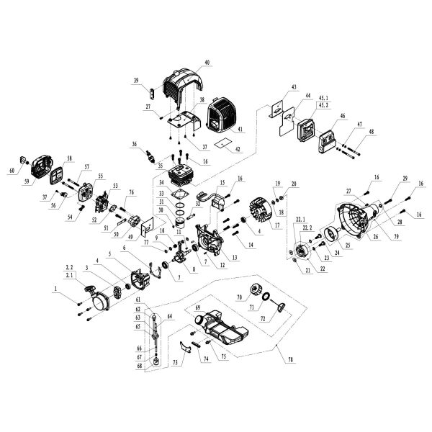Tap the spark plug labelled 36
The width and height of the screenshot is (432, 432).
point(152,156)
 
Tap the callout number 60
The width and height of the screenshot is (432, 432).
point(12,171)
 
